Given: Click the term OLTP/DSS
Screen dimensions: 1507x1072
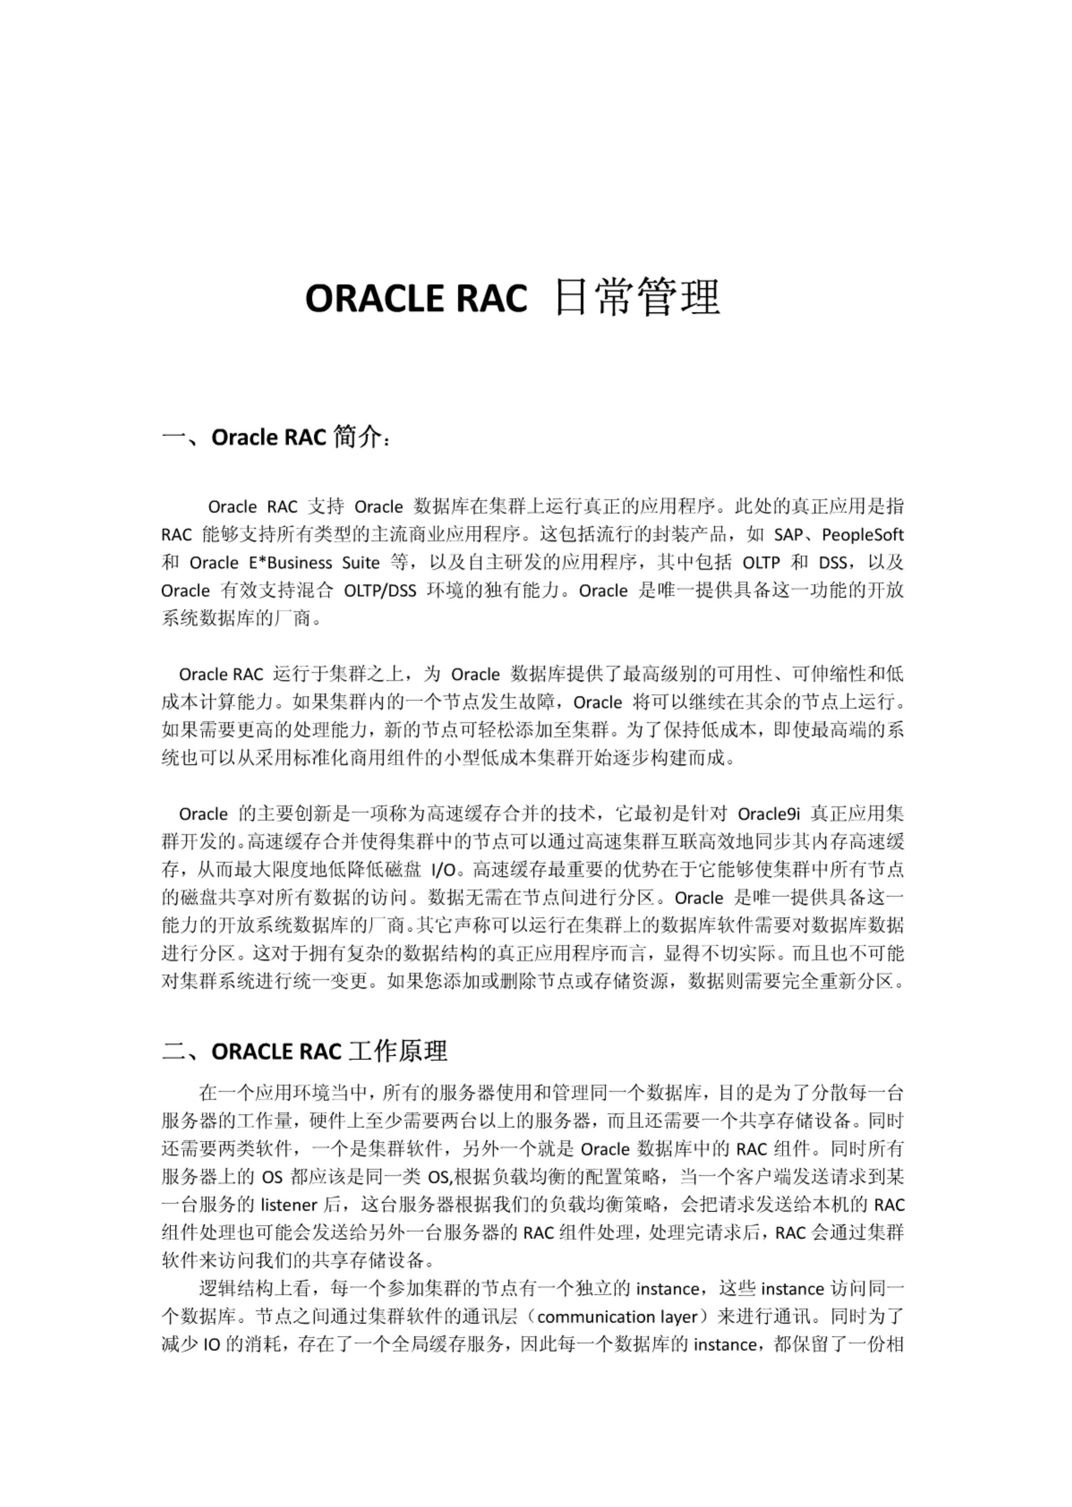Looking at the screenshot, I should point(380,590).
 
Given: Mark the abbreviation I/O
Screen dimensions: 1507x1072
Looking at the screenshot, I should point(443,869).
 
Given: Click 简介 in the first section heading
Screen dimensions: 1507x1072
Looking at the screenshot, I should point(357,437).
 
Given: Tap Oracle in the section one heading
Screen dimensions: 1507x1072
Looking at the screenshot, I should point(245,438).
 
